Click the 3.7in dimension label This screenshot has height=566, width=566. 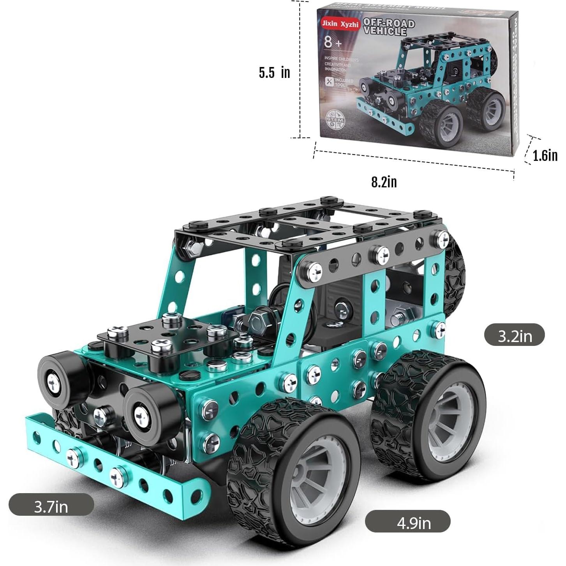coord(51,506)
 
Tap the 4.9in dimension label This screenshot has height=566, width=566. coord(408,522)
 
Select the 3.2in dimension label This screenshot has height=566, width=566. coord(514,335)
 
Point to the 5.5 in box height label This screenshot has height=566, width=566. coord(274,72)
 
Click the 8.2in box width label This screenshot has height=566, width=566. coord(384,182)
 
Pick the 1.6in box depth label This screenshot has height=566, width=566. coord(545,155)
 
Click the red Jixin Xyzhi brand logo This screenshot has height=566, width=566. coord(340,24)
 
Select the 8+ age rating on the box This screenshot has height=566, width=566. coord(332,42)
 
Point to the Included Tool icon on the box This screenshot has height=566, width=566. coord(330,82)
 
